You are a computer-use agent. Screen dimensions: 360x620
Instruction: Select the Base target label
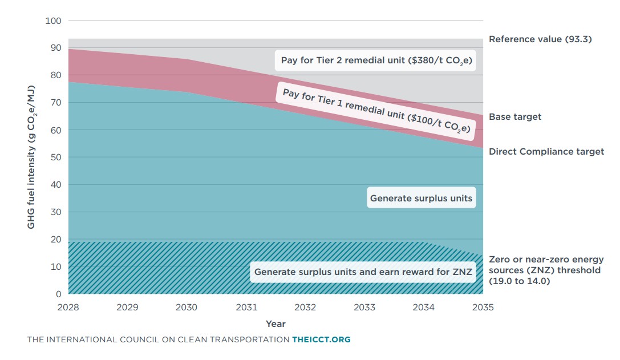point(515,116)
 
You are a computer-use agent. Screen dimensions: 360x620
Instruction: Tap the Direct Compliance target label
point(546,152)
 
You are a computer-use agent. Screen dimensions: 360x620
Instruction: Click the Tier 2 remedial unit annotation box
point(376,60)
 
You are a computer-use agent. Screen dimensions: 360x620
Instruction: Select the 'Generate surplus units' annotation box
point(421,199)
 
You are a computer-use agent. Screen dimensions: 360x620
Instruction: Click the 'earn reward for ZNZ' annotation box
point(363,272)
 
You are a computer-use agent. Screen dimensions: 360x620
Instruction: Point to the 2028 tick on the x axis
point(68,307)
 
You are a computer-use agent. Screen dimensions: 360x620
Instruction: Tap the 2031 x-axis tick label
point(246,307)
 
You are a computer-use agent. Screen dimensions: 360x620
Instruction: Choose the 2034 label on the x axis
point(424,307)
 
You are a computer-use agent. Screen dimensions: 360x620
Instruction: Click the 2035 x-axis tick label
point(483,307)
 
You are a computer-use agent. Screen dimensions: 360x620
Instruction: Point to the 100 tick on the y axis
point(53,21)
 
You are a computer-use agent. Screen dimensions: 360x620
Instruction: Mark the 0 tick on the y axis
point(58,294)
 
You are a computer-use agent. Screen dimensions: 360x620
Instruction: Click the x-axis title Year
point(275,323)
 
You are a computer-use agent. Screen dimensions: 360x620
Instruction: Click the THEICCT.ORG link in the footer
point(321,339)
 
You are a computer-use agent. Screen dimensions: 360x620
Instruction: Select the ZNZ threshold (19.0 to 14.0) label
point(546,270)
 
